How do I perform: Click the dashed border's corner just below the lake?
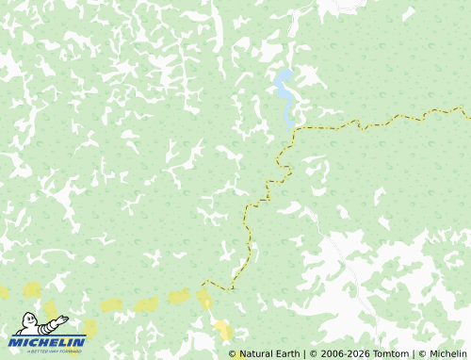coord(295,128)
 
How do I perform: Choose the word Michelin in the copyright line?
coord(447,354)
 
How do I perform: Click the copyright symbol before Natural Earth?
coord(233,354)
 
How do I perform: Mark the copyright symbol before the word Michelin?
coord(422,354)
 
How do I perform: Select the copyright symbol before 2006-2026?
coord(315,354)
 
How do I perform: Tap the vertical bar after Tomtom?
coord(414,354)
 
